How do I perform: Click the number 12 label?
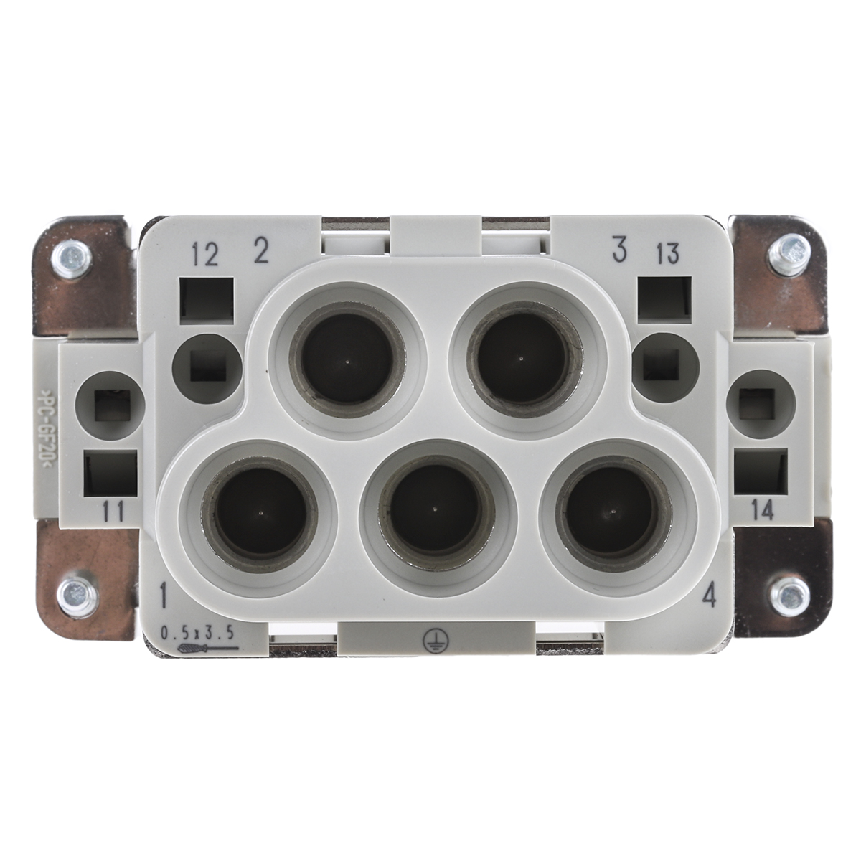tap(205, 255)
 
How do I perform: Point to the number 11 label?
tap(113, 511)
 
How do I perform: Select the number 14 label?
tap(761, 511)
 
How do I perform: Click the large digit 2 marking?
tap(260, 251)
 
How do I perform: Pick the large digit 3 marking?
tap(618, 251)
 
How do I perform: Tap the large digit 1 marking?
tap(164, 596)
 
